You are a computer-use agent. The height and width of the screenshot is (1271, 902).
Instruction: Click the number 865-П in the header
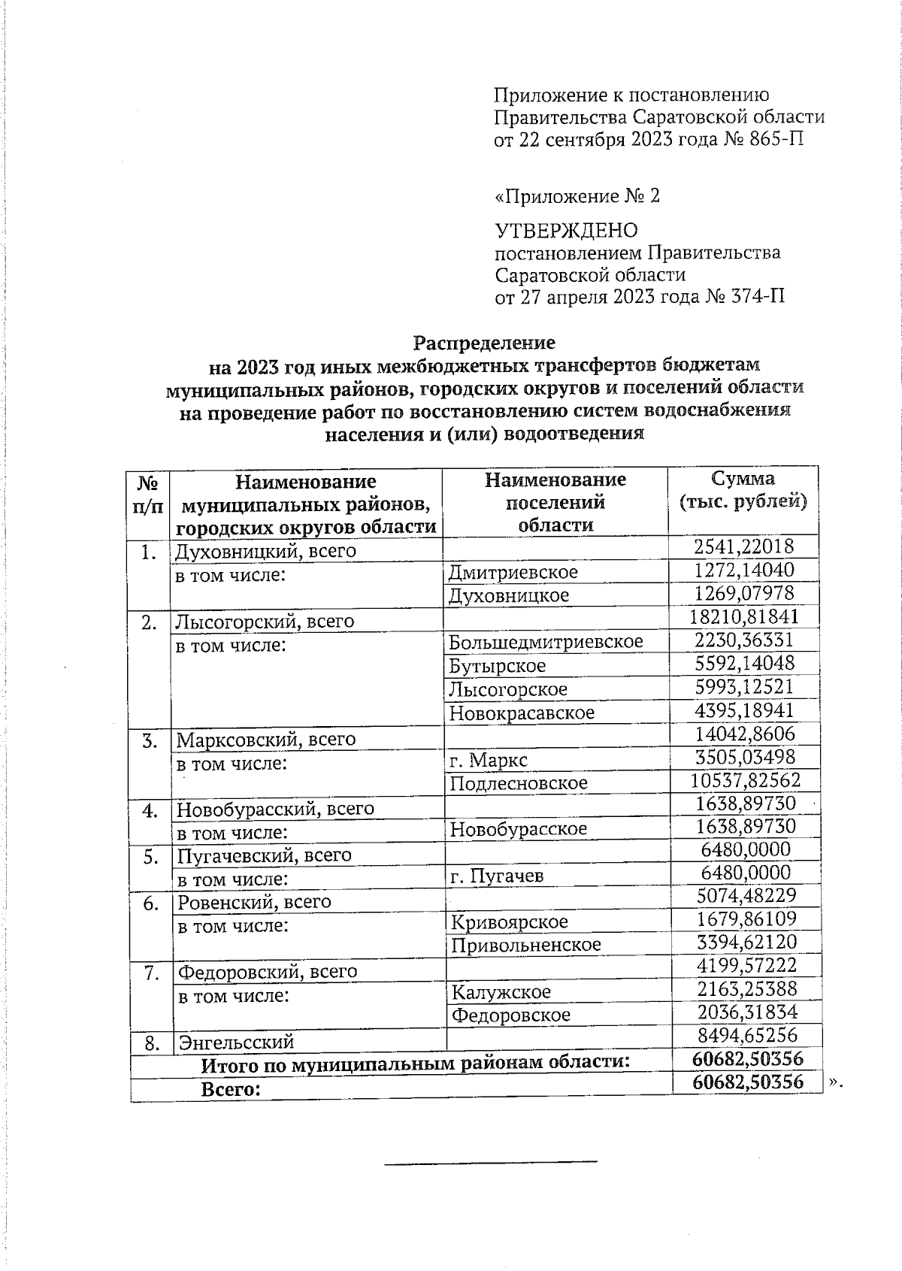(x=777, y=140)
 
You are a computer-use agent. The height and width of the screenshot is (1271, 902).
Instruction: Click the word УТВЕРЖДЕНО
(x=566, y=231)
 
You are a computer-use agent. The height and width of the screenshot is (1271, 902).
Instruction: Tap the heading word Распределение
(x=484, y=343)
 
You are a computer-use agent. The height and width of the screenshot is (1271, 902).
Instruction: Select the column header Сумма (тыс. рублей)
(x=743, y=490)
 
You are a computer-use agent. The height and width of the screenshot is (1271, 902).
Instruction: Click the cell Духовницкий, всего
(x=265, y=552)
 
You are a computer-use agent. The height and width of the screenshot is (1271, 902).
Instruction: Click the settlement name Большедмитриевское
(x=546, y=642)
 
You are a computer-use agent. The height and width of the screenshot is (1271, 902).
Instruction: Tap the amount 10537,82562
(x=744, y=780)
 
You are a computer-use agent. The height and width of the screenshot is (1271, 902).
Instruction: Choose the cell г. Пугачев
(x=497, y=876)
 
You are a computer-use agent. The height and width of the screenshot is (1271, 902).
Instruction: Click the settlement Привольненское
(x=526, y=945)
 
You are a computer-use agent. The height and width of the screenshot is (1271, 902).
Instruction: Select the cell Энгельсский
(x=235, y=1043)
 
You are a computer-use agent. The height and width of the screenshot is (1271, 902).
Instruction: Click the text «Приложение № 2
(x=577, y=197)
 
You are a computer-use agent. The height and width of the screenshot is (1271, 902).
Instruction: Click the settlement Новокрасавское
(x=522, y=713)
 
